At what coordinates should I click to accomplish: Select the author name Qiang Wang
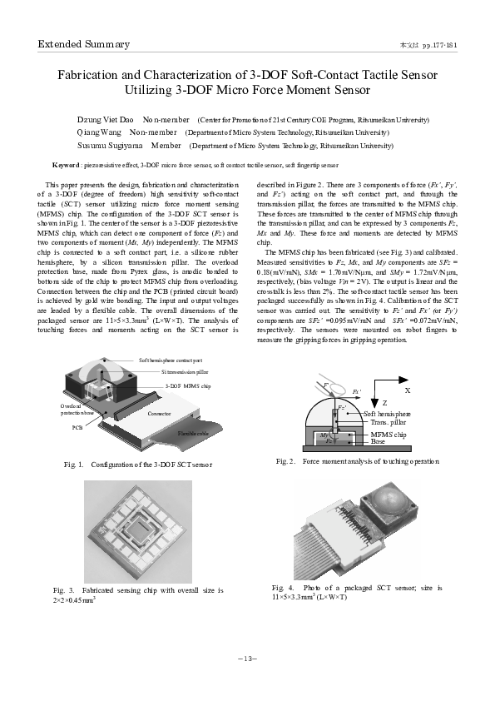click(x=97, y=132)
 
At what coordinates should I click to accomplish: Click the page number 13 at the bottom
click(x=247, y=659)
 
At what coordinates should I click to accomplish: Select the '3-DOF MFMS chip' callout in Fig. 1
click(x=188, y=385)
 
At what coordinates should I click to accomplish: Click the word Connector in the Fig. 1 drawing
click(x=159, y=414)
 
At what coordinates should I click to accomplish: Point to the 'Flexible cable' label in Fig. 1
click(x=193, y=434)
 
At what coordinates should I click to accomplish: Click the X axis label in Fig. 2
click(x=407, y=390)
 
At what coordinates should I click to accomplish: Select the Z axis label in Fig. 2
click(x=384, y=403)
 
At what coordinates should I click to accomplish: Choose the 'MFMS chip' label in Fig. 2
click(x=388, y=435)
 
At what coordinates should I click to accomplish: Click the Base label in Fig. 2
click(x=378, y=442)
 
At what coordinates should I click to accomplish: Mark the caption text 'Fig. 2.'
click(x=286, y=461)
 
